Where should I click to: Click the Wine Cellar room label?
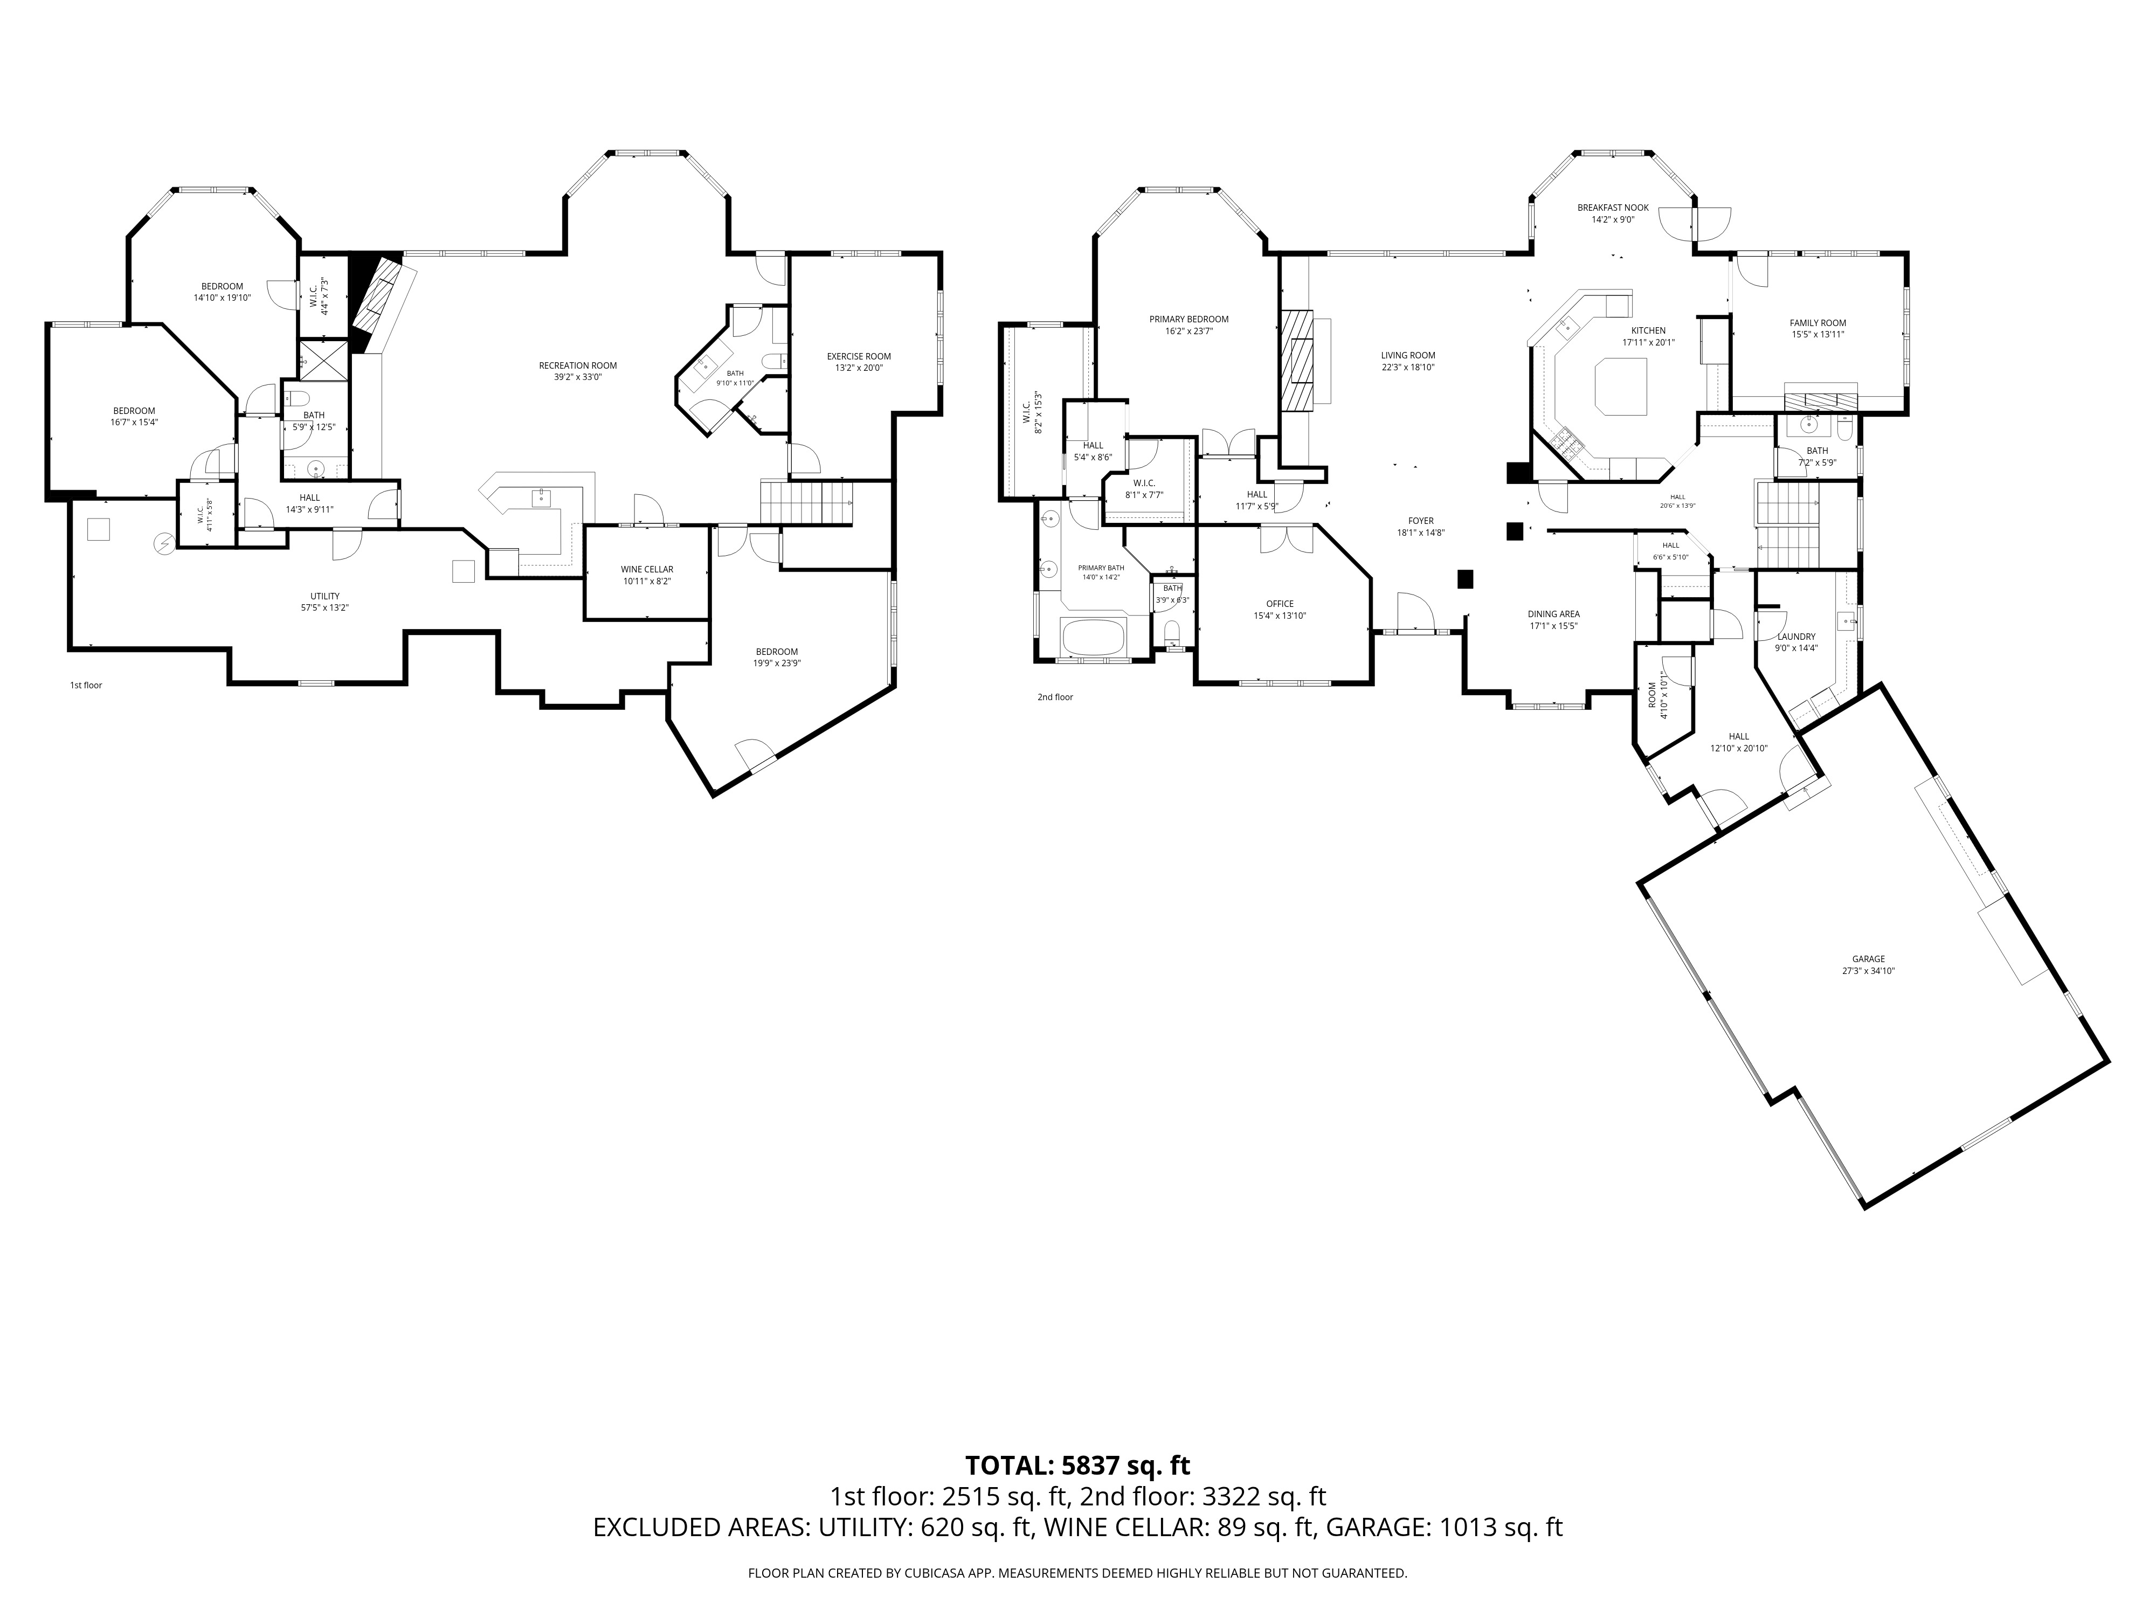[x=646, y=569]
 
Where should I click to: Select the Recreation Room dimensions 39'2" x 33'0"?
[x=577, y=377]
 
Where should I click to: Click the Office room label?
[x=1279, y=603]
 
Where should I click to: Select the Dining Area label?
[x=1553, y=614]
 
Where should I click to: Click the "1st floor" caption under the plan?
[x=86, y=685]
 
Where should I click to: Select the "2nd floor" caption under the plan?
[x=1055, y=697]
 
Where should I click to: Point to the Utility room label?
[x=324, y=597]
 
